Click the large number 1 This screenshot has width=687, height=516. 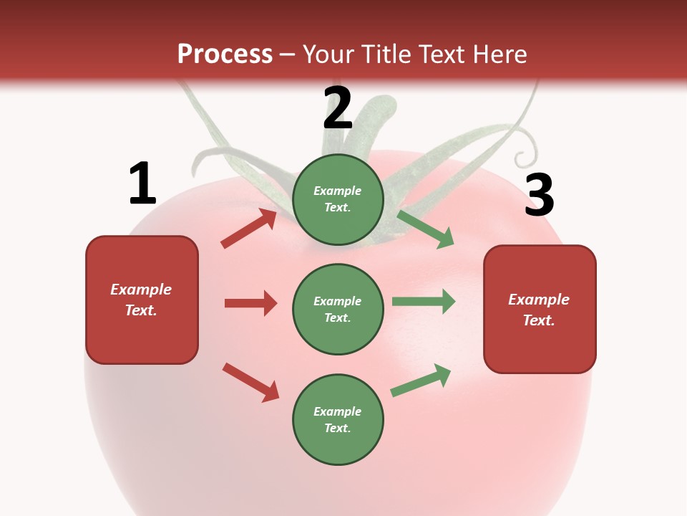pyautogui.click(x=142, y=183)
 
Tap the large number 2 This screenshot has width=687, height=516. pyautogui.click(x=338, y=108)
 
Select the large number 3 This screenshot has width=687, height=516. pyautogui.click(x=540, y=195)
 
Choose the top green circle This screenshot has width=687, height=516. pyautogui.click(x=338, y=199)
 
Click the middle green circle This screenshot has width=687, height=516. pyautogui.click(x=338, y=309)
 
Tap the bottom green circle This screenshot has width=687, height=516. pyautogui.click(x=338, y=419)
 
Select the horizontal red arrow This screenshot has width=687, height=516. pyautogui.click(x=250, y=303)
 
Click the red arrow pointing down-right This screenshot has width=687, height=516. pyautogui.click(x=250, y=382)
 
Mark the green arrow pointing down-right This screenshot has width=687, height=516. pyautogui.click(x=426, y=229)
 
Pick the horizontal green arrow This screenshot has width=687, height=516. pyautogui.click(x=424, y=301)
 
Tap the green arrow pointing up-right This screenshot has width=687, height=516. pyautogui.click(x=421, y=381)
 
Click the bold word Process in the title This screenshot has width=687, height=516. pyautogui.click(x=225, y=54)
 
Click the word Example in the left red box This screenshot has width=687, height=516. pyautogui.click(x=141, y=290)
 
